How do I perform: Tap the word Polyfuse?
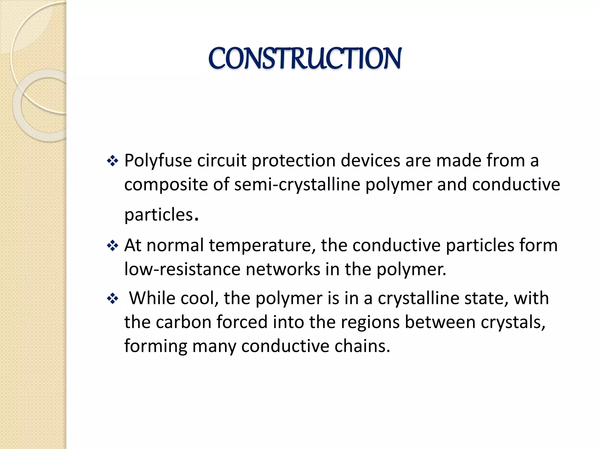coord(158,161)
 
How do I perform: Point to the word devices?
coord(370,161)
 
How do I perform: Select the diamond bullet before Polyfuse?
coord(113,161)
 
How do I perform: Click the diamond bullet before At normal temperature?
coord(113,246)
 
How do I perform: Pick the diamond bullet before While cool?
coord(113,299)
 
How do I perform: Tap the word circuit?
coord(221,161)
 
